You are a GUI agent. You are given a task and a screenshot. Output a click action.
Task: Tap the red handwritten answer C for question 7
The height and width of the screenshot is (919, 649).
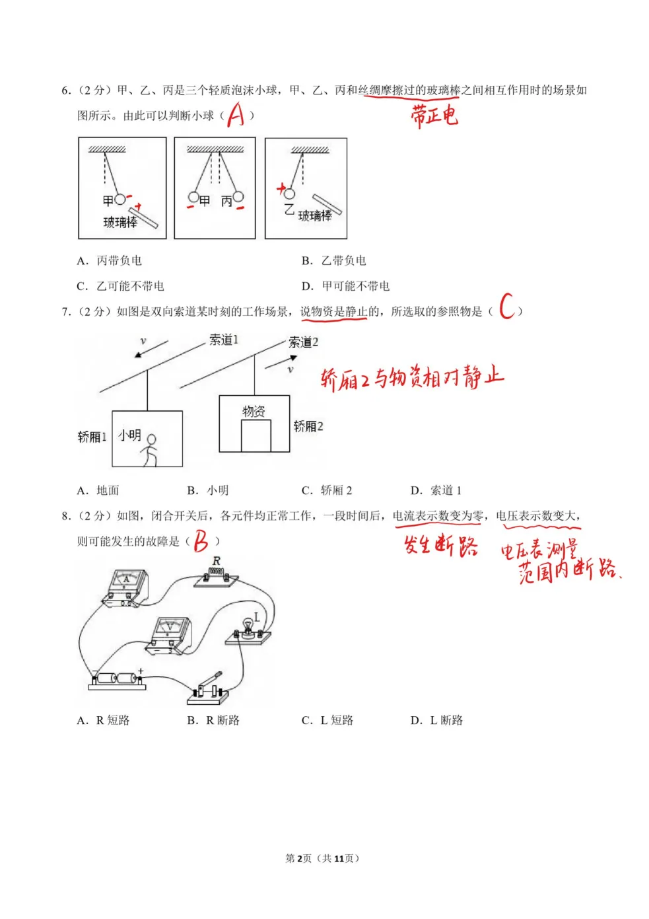[x=507, y=307]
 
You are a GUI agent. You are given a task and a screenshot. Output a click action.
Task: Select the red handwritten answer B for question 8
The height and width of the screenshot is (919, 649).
[x=201, y=541]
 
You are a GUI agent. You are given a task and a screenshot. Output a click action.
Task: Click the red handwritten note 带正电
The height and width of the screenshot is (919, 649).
[x=434, y=115]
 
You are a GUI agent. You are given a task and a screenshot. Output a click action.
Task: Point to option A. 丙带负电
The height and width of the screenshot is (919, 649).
[x=110, y=261]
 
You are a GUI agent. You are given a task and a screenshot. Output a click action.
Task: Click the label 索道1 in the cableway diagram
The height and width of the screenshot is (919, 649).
[x=223, y=340]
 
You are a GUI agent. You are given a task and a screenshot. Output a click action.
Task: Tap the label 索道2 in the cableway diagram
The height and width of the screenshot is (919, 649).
[x=303, y=342]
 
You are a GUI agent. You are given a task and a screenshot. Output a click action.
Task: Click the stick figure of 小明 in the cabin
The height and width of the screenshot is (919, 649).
[x=151, y=449]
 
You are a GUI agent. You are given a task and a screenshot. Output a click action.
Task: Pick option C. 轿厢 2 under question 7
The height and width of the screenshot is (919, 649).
[x=327, y=490]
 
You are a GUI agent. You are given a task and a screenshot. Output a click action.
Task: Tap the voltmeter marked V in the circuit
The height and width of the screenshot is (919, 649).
[x=170, y=635]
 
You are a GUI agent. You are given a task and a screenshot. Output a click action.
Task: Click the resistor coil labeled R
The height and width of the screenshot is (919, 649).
[x=216, y=573]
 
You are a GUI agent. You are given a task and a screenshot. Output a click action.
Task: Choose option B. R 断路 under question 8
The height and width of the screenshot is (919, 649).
[x=213, y=720]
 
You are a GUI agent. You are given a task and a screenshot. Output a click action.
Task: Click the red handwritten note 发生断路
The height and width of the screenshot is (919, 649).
[x=440, y=546]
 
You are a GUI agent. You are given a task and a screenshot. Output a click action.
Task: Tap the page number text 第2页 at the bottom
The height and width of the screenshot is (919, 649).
[x=298, y=858]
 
